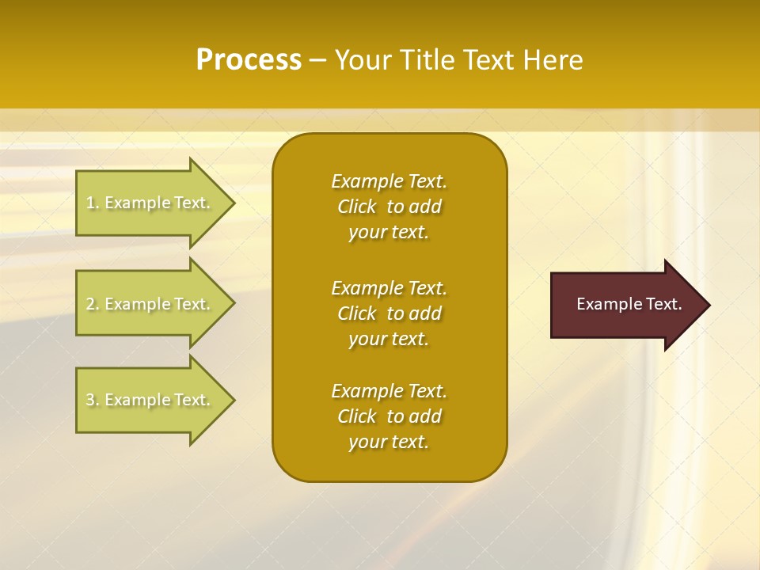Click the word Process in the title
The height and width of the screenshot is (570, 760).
coord(249,60)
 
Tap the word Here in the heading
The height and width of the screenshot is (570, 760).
coord(553,60)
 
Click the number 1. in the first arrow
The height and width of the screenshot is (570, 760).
coord(92,203)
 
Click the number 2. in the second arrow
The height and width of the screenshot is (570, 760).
coord(92,304)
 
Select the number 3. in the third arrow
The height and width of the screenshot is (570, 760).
coord(92,400)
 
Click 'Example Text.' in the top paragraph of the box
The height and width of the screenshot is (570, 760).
coord(389,181)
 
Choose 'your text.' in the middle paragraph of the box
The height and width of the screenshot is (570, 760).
coord(389,339)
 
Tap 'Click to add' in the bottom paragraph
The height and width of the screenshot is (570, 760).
coord(389,416)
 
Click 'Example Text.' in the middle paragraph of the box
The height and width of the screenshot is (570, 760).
coord(389,287)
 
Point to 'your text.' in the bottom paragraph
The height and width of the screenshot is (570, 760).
coord(389,442)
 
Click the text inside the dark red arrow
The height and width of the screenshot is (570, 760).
coord(629,304)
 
